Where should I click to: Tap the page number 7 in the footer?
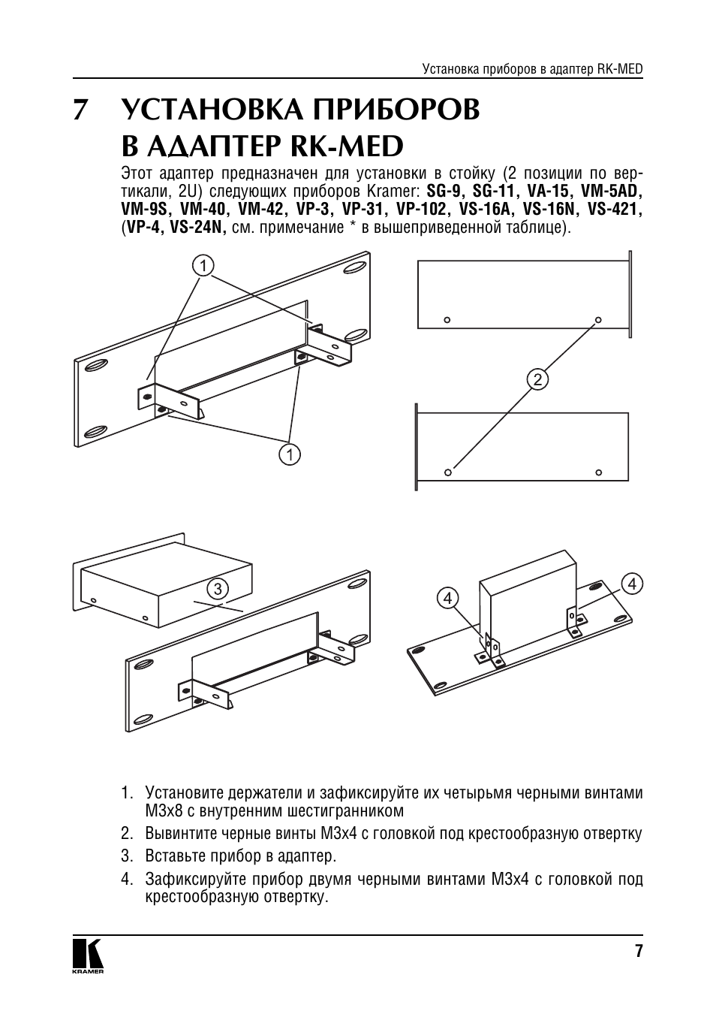639,952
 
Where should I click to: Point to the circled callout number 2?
537,379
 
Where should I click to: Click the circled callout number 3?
218,589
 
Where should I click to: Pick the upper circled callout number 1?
203,265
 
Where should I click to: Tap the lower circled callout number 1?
290,454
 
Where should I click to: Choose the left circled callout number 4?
448,598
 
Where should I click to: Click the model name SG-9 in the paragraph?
443,190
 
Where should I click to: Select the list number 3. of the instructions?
127,856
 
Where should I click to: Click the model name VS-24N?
199,226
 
